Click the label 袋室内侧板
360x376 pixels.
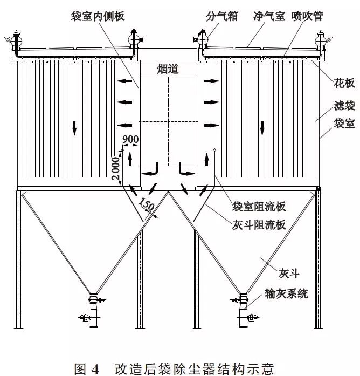pyautogui.click(x=98, y=16)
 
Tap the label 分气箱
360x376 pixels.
pyautogui.click(x=222, y=16)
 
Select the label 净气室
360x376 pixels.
pyautogui.click(x=269, y=16)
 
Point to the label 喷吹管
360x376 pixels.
pyautogui.click(x=307, y=16)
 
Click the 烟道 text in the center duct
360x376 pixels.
pyautogui.click(x=168, y=69)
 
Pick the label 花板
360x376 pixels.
pyautogui.click(x=344, y=83)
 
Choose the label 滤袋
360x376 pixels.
pyautogui.click(x=344, y=106)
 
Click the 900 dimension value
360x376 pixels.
pyautogui.click(x=130, y=139)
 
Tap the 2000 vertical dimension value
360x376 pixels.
pyautogui.click(x=115, y=168)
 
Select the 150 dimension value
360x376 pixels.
pyautogui.click(x=146, y=204)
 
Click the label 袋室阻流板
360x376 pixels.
pyautogui.click(x=259, y=207)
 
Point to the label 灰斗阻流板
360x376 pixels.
pyautogui.click(x=259, y=225)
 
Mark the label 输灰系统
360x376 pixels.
pyautogui.click(x=286, y=293)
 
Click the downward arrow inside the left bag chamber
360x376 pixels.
pyautogui.click(x=74, y=128)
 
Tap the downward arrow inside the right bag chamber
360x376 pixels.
pyautogui.click(x=262, y=128)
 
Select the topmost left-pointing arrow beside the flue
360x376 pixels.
pyautogui.click(x=124, y=81)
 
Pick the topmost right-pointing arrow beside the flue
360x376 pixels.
pyautogui.click(x=211, y=81)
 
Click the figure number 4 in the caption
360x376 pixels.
pyautogui.click(x=95, y=369)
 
